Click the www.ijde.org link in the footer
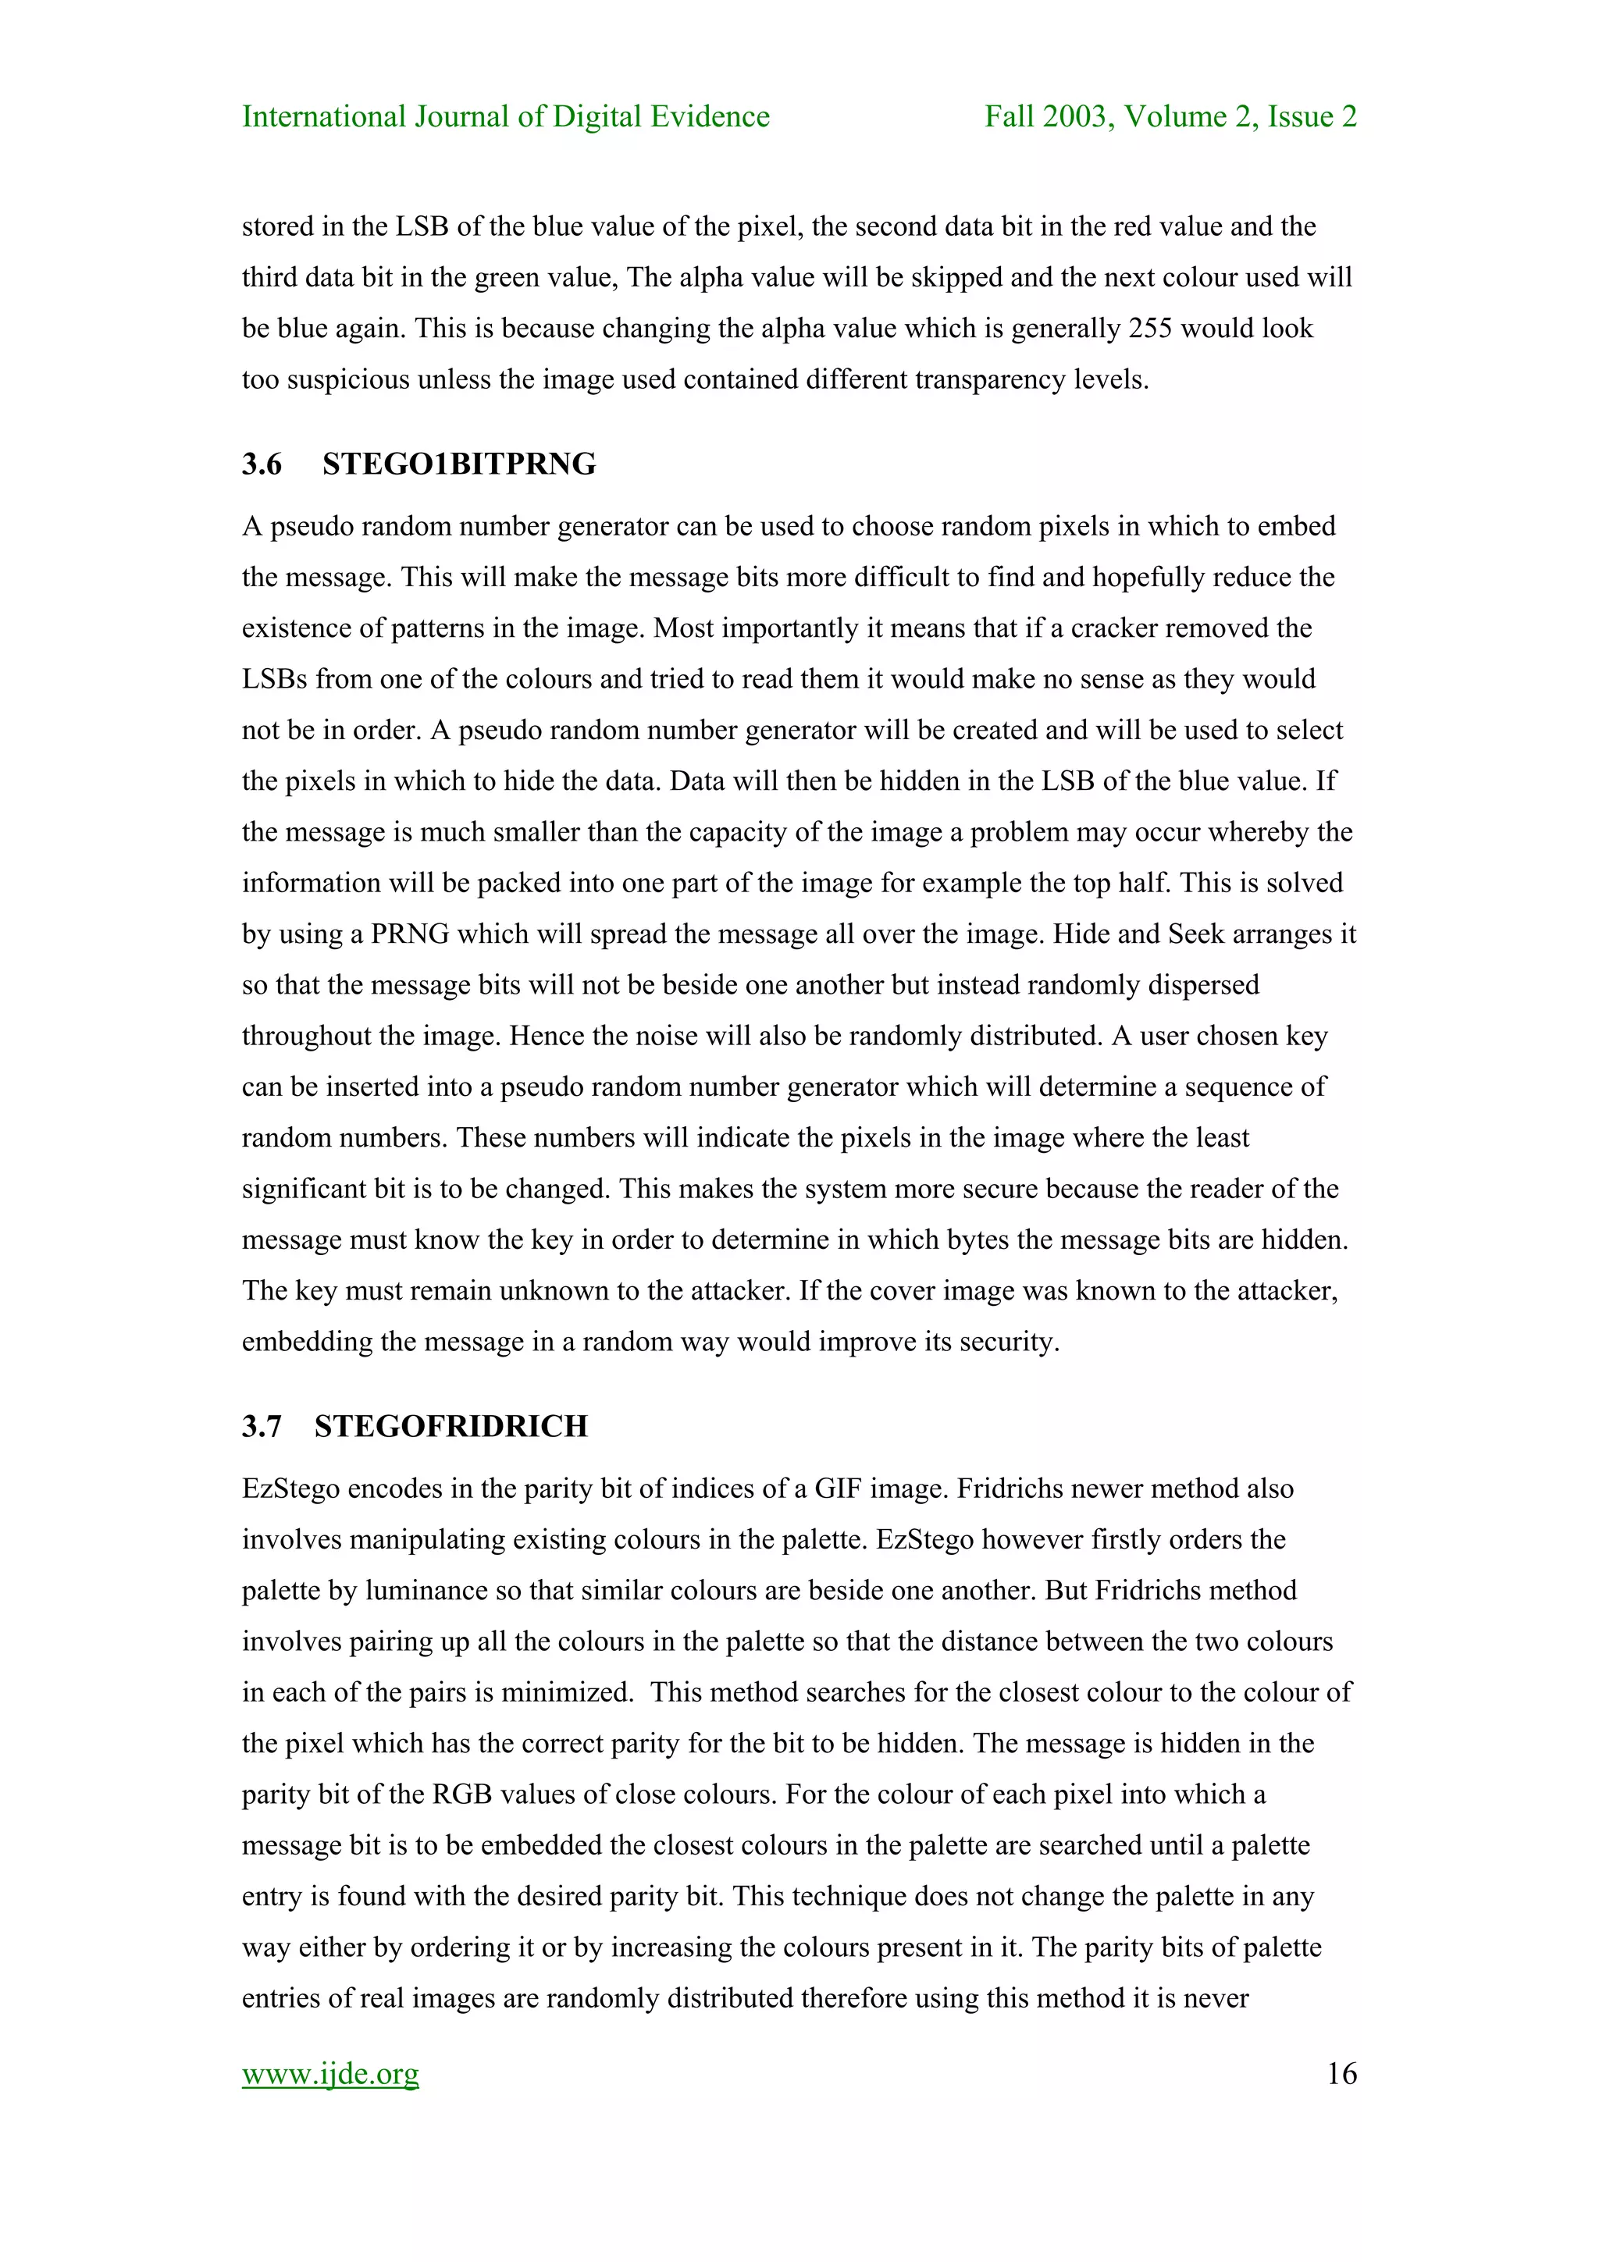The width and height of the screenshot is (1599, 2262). tap(330, 2074)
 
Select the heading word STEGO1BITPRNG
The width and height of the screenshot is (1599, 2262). tap(458, 464)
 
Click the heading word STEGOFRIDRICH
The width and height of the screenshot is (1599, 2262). tap(450, 1427)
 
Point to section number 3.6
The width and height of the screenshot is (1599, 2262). tap(262, 464)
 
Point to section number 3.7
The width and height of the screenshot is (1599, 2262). tap(262, 1427)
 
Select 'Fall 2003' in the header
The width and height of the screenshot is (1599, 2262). tap(1047, 117)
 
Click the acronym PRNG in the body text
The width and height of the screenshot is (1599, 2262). tap(409, 934)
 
